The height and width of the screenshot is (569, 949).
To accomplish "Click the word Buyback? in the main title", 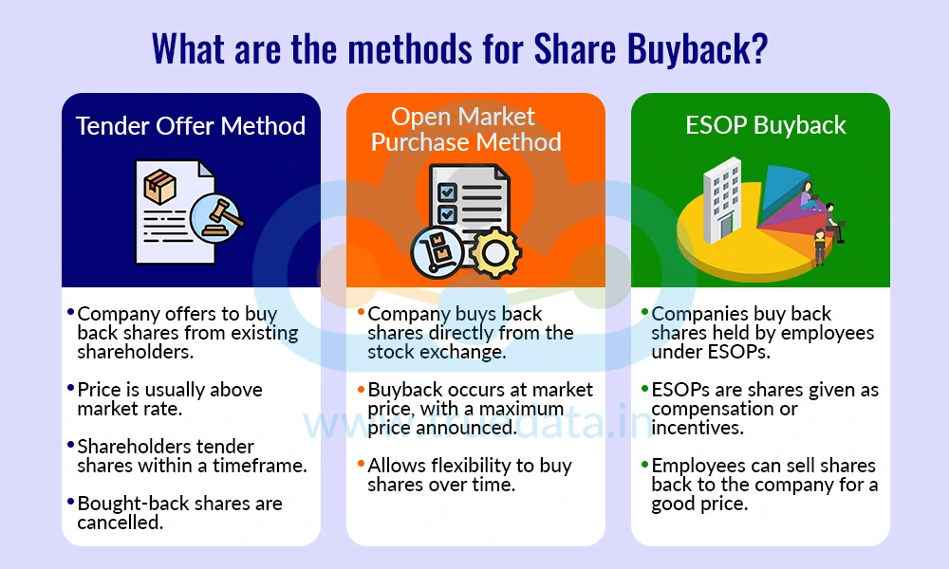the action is (x=698, y=49).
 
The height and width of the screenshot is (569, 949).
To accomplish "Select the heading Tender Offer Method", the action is (x=191, y=126).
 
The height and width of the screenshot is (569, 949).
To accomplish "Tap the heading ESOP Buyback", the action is (x=766, y=125).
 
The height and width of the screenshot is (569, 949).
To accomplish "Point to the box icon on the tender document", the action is (x=159, y=186).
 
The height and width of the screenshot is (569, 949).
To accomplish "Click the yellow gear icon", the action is (x=494, y=252).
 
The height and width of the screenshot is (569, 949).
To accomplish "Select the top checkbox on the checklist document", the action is (x=447, y=192).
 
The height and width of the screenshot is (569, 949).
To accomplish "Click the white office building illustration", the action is (x=722, y=200).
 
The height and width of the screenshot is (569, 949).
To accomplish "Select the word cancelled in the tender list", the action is (x=120, y=523).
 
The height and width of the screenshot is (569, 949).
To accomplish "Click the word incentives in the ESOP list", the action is (x=697, y=428).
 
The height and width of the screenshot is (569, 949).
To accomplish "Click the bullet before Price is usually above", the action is (x=71, y=388).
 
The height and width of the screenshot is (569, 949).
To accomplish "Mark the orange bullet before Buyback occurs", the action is (x=362, y=388).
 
